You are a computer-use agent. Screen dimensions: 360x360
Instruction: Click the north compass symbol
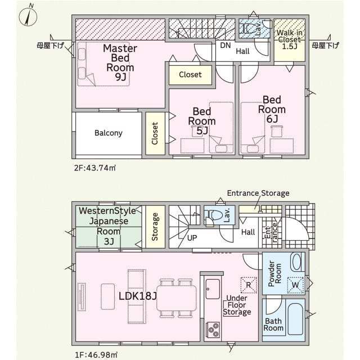pyautogui.click(x=28, y=16)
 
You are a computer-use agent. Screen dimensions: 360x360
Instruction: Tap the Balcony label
pyautogui.click(x=109, y=133)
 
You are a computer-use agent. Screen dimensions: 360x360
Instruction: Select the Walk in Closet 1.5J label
pyautogui.click(x=290, y=39)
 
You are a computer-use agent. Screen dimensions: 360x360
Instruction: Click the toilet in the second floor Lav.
pyautogui.click(x=248, y=29)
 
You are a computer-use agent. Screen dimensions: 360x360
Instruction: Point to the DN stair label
pyautogui.click(x=225, y=45)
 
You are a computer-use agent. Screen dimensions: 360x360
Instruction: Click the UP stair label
pyautogui.click(x=192, y=238)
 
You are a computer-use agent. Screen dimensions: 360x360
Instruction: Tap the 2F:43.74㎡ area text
pyautogui.click(x=95, y=168)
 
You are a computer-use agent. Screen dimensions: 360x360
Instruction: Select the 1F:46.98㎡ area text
pyautogui.click(x=96, y=355)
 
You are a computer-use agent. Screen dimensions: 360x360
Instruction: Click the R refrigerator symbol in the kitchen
pyautogui.click(x=249, y=285)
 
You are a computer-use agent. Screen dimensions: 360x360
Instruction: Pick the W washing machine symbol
pyautogui.click(x=295, y=285)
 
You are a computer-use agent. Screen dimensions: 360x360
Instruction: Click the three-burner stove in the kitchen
pyautogui.click(x=213, y=330)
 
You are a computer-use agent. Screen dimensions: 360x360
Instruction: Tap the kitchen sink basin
pyautogui.click(x=213, y=289)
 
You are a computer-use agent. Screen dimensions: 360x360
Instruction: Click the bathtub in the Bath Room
pyautogui.click(x=295, y=319)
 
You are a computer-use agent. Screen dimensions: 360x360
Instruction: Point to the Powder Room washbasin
pyautogui.click(x=296, y=262)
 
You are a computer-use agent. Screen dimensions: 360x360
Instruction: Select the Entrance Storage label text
pyautogui.click(x=258, y=193)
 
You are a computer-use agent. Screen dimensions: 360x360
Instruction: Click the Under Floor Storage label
pyautogui.click(x=237, y=305)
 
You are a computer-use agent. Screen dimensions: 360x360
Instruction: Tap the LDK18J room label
pyautogui.click(x=138, y=296)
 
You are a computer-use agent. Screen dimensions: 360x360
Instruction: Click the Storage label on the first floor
pyautogui.click(x=155, y=227)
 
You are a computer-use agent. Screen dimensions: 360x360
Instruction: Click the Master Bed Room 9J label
pyautogui.click(x=120, y=62)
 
